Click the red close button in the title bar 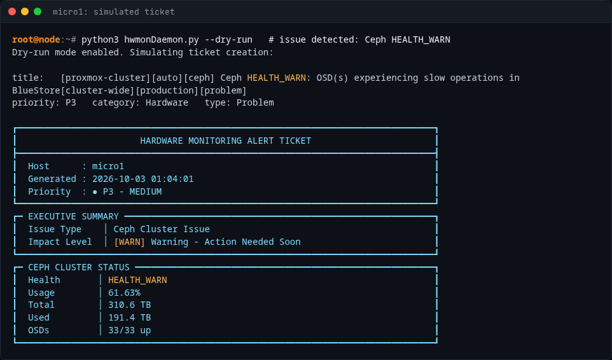click(12, 11)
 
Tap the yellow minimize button click(25, 11)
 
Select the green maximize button click(38, 11)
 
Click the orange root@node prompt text click(36, 40)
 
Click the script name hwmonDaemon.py click(162, 40)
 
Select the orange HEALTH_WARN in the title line click(276, 78)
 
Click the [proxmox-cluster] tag click(106, 78)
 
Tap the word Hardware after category click(167, 102)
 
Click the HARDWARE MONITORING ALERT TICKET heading click(226, 141)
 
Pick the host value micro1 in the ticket click(108, 166)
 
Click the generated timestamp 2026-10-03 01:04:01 click(143, 179)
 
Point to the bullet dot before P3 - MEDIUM click(95, 192)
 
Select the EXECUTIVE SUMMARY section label click(73, 216)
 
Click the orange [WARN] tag click(130, 242)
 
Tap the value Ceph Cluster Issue click(162, 229)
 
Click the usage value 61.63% click(124, 293)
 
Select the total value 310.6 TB click(130, 305)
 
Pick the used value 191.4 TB click(130, 317)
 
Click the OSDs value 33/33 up click(130, 330)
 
